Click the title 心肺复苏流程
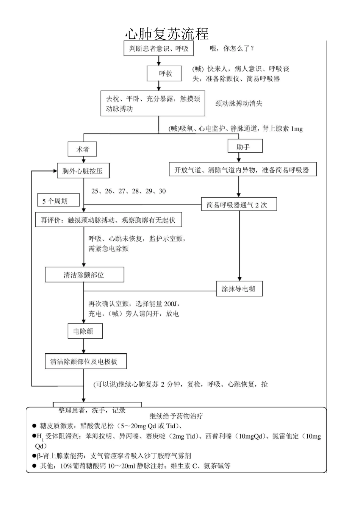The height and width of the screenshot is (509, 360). point(167,34)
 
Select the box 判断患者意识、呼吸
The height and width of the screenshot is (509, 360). point(159,48)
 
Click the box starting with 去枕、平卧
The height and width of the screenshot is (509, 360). point(153,103)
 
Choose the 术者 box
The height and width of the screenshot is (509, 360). point(82,149)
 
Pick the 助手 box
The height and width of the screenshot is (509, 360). point(245,147)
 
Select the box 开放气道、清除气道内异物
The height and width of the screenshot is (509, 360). point(242,170)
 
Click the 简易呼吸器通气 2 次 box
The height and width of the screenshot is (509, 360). point(239,205)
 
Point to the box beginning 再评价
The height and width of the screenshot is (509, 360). point(108,220)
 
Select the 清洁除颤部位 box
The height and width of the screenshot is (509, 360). point(84,275)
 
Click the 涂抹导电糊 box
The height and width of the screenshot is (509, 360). point(239,289)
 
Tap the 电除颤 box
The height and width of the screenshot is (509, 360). point(85,331)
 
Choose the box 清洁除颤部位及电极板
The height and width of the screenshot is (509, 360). point(86,362)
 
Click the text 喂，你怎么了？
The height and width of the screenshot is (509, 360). point(232,48)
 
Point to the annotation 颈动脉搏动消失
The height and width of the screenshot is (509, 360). point(239,103)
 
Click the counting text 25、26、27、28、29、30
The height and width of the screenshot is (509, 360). point(128,191)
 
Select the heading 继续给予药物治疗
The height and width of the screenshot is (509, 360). point(176,416)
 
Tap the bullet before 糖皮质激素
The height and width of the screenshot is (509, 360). point(34,426)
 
